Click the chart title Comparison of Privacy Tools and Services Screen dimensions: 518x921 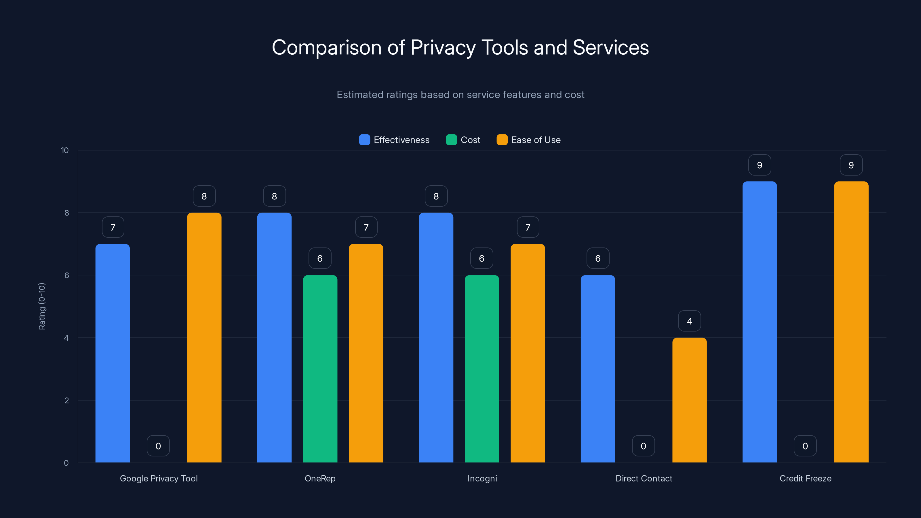(460, 47)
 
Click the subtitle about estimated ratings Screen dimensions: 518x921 (460, 95)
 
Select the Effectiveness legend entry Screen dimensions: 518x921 (394, 140)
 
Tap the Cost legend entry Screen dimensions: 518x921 (463, 140)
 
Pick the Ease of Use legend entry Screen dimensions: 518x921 (528, 140)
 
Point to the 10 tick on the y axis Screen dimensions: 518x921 (65, 151)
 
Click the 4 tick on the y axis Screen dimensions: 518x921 (66, 338)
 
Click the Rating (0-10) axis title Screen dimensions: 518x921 (42, 306)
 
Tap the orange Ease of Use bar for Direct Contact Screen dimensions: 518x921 (689, 400)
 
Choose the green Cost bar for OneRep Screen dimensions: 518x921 (320, 369)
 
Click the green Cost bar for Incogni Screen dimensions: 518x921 (482, 369)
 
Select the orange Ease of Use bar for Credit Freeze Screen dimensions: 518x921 (851, 322)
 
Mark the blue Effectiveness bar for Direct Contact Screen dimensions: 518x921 (597, 369)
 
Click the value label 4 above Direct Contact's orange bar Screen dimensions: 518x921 (689, 321)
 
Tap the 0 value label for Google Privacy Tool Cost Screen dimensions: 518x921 (158, 446)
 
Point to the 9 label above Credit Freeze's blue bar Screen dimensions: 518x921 (760, 165)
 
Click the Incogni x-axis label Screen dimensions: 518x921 (482, 478)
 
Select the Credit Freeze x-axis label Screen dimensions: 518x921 (805, 478)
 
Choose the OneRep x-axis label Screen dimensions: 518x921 (320, 478)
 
